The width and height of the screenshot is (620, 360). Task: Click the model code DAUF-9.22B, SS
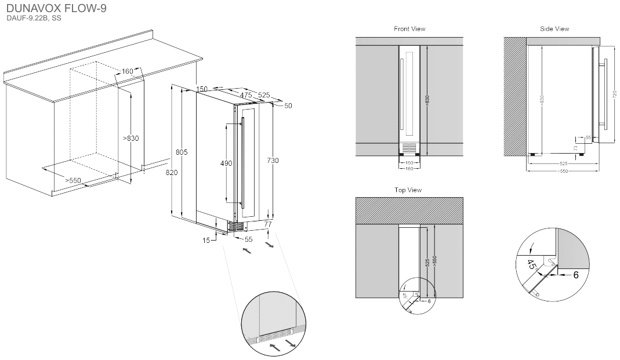coord(34,19)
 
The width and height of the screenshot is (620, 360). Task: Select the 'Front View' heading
coord(409,29)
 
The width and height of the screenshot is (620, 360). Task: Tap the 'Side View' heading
coord(554,29)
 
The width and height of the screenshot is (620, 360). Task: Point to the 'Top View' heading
coord(408,190)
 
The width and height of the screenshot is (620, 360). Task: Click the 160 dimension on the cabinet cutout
coord(128,71)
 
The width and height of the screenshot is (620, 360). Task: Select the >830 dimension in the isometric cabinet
coord(131,138)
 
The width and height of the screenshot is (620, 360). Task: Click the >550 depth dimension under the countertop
coord(73,180)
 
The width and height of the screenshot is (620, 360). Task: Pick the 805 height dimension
coord(181,152)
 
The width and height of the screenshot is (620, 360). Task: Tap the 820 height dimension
coord(171,173)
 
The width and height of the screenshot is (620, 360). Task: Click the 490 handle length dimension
coord(226,163)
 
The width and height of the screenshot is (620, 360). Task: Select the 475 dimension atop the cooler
coord(245,94)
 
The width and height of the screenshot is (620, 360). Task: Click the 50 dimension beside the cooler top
coord(288,106)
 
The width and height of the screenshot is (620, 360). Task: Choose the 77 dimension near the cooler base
coord(268,224)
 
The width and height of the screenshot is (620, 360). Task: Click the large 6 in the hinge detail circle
coord(575,275)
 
